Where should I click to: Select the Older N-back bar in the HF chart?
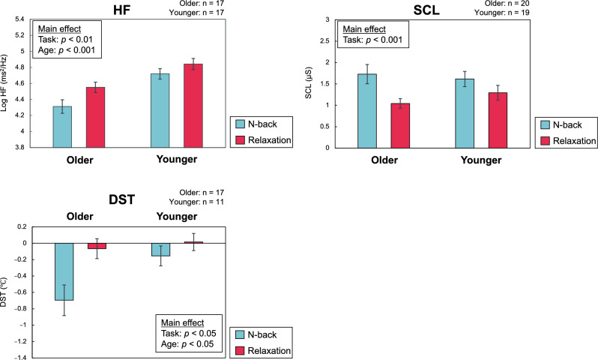tap(62, 127)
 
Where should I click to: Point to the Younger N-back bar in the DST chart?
tap(160, 250)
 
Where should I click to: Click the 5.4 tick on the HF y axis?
tap(22, 19)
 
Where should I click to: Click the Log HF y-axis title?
tap(7, 84)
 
